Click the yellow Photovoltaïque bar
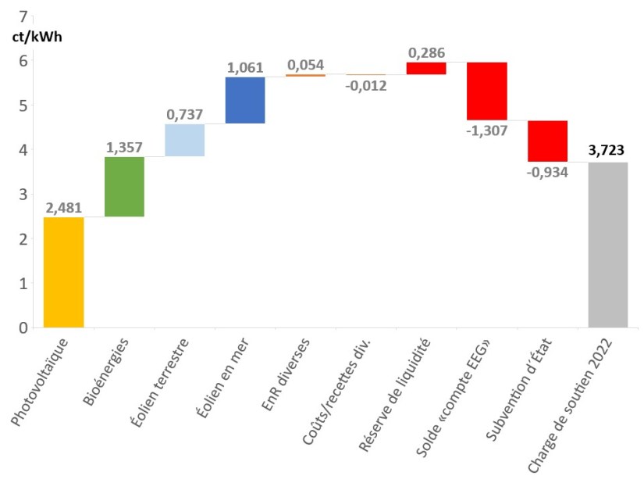coord(63,272)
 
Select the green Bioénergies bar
coord(124,187)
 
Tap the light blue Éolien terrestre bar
coord(185,140)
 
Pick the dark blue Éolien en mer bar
coord(245,100)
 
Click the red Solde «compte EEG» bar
coord(487,91)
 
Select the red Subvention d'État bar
coord(547,141)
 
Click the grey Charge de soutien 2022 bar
coord(608,245)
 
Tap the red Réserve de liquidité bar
coord(426,68)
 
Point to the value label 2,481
coord(64,207)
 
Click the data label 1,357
coord(124,147)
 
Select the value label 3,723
coord(608,152)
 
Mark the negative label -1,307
coord(486,131)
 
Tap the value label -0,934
coord(546,172)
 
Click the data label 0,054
coord(305,65)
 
